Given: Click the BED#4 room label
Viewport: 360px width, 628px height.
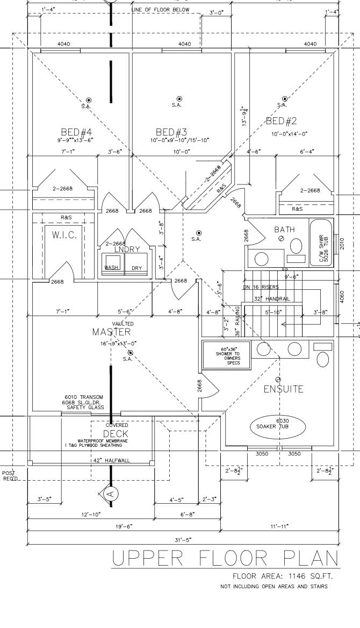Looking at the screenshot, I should (x=76, y=132).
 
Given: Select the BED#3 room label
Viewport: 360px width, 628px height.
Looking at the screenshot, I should (x=171, y=132).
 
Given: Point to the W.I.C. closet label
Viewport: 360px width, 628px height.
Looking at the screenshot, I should (x=64, y=235).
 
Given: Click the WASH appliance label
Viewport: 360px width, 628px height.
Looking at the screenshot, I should (x=111, y=267).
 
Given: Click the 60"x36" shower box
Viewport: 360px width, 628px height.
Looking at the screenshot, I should (x=226, y=354).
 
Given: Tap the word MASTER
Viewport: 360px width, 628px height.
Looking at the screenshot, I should (x=111, y=332).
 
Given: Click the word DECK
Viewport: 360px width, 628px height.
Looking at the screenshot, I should (x=116, y=433).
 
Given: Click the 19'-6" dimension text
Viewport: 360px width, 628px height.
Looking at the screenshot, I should (x=123, y=526).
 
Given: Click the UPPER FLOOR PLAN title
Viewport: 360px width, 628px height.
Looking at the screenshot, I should (x=226, y=559).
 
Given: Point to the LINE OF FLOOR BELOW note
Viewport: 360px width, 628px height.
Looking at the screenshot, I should (x=161, y=10).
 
